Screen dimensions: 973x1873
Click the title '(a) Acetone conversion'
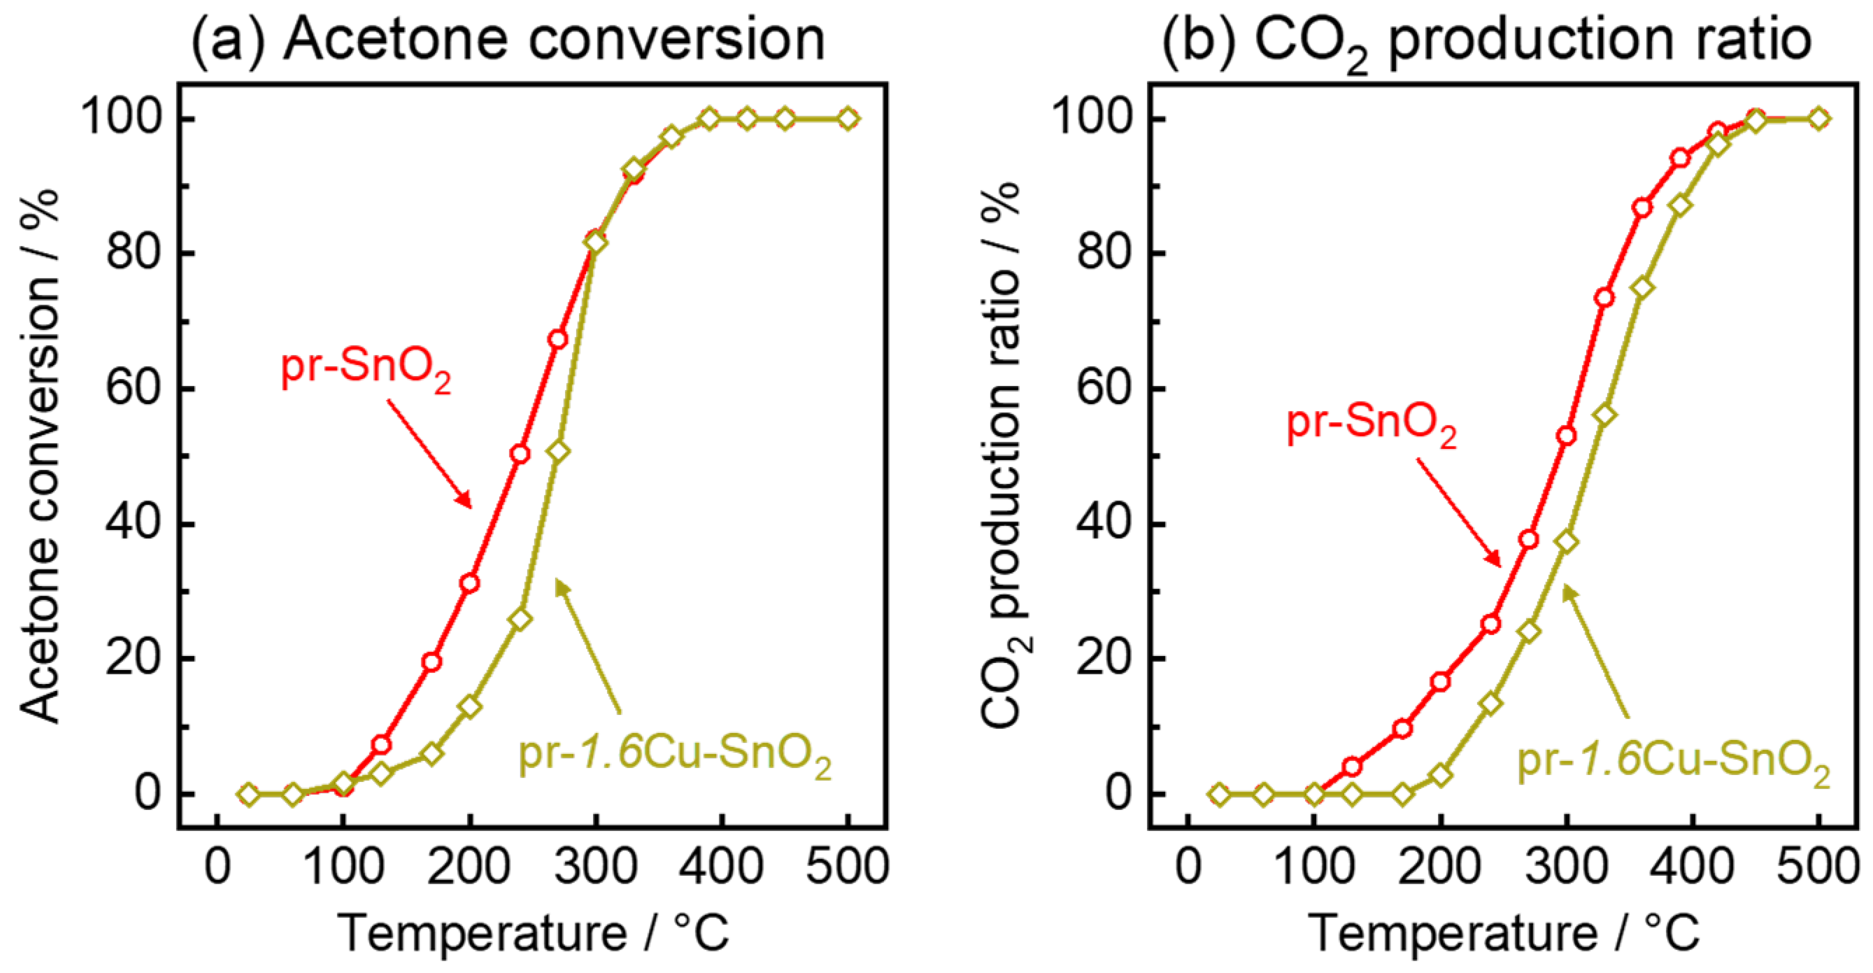[x=507, y=40]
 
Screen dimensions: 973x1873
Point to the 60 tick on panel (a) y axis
[x=132, y=389]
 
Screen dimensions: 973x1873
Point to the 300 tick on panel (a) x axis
[x=595, y=867]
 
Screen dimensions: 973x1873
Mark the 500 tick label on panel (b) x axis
[x=1817, y=867]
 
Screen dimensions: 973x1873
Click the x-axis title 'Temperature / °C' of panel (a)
[x=533, y=933]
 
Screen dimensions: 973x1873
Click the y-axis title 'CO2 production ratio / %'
[x=1005, y=456]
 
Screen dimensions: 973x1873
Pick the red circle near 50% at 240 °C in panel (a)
[x=520, y=454]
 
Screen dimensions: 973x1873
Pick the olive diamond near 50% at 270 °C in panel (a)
[x=558, y=451]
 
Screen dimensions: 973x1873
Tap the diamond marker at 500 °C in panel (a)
[x=848, y=118]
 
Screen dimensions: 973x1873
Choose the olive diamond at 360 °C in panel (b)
[x=1642, y=288]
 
